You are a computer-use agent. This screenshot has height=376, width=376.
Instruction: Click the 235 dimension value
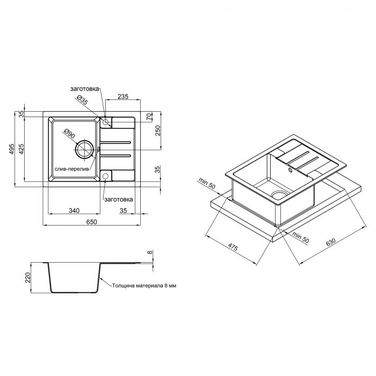click(x=122, y=97)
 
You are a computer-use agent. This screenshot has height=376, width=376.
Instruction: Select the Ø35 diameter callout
click(x=82, y=100)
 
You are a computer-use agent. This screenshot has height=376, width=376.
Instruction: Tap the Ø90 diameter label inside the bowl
click(x=68, y=134)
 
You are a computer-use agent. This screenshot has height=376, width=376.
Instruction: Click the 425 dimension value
click(x=22, y=149)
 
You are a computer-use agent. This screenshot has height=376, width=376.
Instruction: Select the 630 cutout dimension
click(x=330, y=242)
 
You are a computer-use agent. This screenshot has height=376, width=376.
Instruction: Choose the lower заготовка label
click(x=119, y=199)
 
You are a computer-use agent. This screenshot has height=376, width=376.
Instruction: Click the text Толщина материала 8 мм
click(x=144, y=286)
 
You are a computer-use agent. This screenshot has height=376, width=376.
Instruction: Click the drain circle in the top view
click(x=84, y=150)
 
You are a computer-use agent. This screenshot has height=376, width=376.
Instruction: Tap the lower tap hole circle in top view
click(x=106, y=176)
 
